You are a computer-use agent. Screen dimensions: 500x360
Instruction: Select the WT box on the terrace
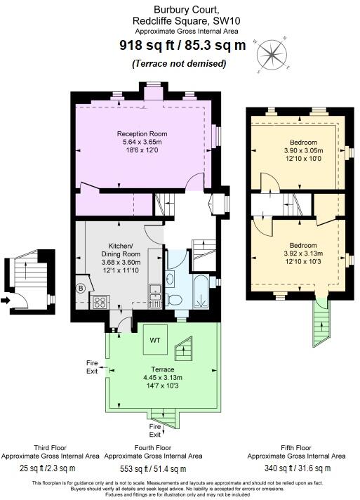155,341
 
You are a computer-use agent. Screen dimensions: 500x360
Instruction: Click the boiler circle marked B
81,287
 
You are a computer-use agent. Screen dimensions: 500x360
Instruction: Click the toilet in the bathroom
176,300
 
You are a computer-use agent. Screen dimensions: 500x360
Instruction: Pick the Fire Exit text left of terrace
92,366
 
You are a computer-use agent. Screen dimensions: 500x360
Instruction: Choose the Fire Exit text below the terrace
155,430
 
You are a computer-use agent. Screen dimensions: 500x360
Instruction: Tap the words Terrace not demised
179,64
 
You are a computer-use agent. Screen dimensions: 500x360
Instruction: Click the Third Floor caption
51,447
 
